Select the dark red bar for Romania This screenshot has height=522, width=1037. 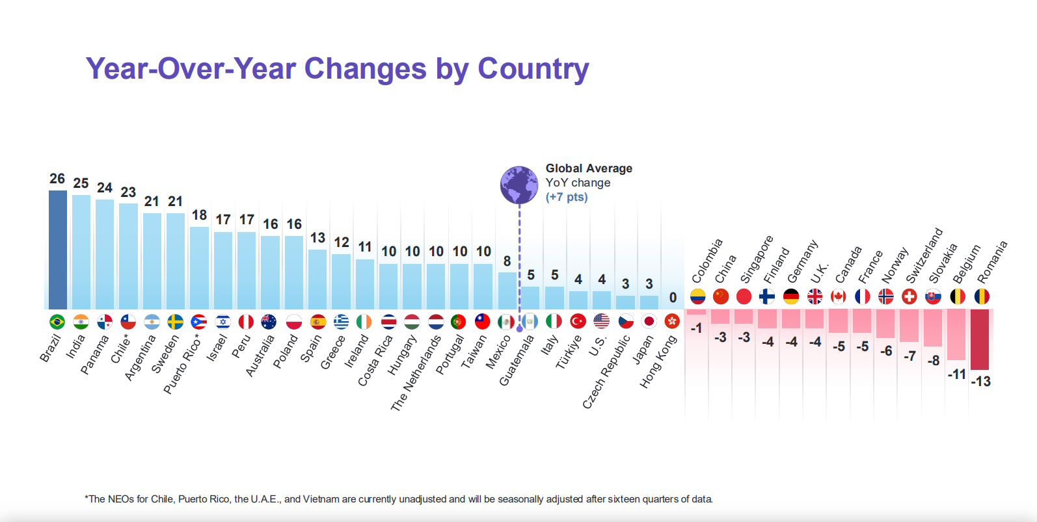pos(980,339)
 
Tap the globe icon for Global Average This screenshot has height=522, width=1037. pos(518,185)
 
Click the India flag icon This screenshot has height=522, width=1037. pos(81,322)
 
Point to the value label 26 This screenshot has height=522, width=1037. pos(57,179)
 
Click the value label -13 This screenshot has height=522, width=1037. pos(980,382)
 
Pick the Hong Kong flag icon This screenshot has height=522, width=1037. pos(672,321)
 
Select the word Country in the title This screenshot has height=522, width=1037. pos(533,69)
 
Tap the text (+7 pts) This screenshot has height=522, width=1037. pos(566,197)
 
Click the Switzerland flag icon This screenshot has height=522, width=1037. pos(909,296)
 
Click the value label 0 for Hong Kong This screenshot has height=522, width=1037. pos(673,298)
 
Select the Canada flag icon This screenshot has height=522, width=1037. pos(838,296)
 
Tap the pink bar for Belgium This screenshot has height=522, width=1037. pos(956,334)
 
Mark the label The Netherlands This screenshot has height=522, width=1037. pos(416,373)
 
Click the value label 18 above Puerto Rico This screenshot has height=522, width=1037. pos(199,215)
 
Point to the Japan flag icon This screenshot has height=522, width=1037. pos(649,321)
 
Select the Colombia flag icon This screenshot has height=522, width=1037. pos(697,296)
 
